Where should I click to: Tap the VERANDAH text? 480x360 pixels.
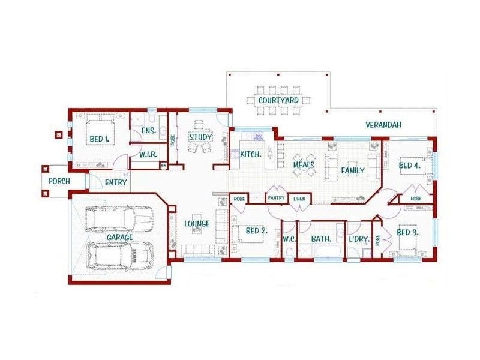click(x=383, y=125)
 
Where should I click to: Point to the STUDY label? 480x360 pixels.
click(x=201, y=137)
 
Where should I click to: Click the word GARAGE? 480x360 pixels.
click(x=119, y=238)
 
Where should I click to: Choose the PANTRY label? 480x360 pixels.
click(x=276, y=197)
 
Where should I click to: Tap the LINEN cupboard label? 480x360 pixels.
click(x=298, y=197)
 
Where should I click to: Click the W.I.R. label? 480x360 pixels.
click(x=148, y=155)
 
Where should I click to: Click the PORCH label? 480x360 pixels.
click(x=59, y=181)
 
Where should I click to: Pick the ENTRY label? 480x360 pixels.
click(x=116, y=182)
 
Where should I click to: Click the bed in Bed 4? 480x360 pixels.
click(x=415, y=166)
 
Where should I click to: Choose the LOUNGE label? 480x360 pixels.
click(x=197, y=224)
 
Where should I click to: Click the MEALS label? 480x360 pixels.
click(x=304, y=164)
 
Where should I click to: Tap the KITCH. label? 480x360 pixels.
click(x=250, y=155)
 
